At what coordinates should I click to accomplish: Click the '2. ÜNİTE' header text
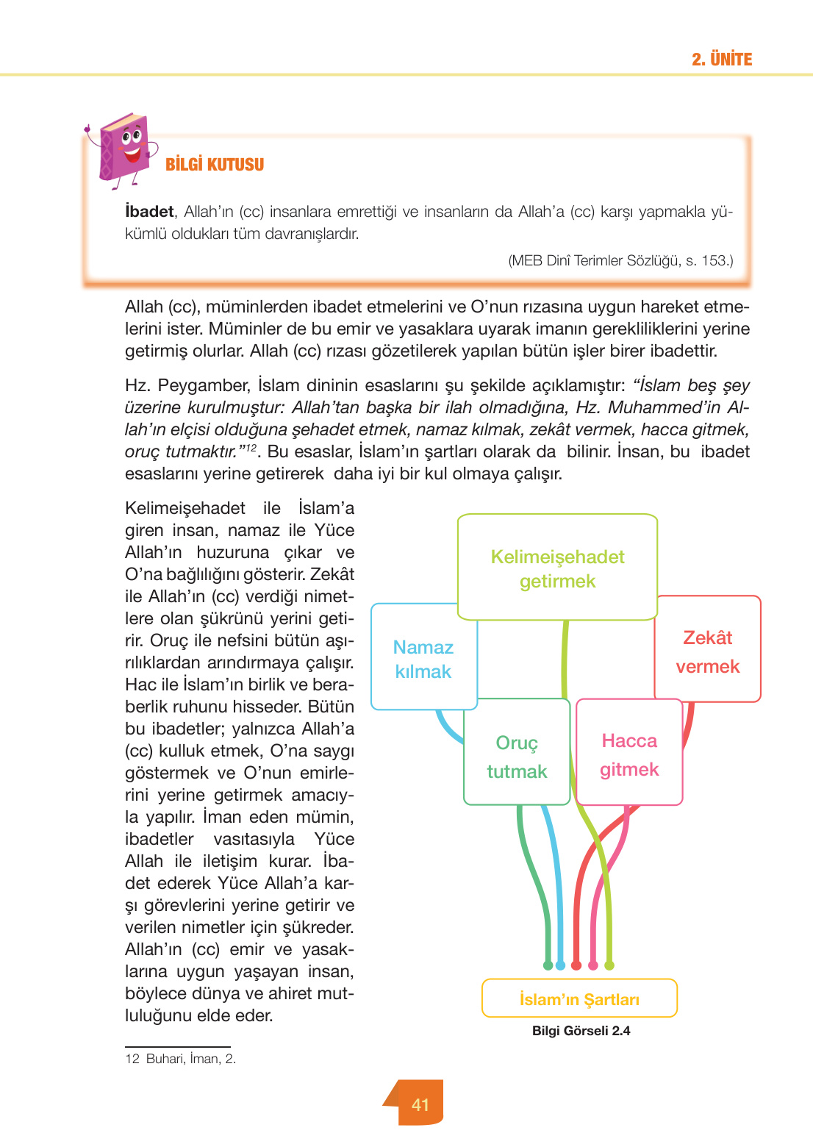pos(721,60)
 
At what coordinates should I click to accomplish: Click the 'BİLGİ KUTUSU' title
pos(214,165)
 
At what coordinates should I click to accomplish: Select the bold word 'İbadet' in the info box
pos(149,212)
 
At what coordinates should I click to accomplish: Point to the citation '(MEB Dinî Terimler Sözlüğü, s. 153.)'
pos(620,260)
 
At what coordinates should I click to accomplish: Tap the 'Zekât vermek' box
pos(707,651)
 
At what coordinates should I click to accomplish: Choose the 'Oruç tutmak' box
pos(517,757)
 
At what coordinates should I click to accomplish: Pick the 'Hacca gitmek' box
pos(629,754)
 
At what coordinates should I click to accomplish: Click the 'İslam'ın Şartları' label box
pos(579,999)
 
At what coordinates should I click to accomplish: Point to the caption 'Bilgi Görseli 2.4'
pos(581,1031)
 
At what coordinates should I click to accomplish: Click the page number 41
pos(420,1104)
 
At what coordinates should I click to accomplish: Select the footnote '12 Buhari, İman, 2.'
pos(181,1059)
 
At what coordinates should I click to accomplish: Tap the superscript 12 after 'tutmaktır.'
pos(251,448)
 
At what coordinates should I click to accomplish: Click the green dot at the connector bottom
pos(548,965)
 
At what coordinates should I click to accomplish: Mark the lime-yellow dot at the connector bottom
pos(609,965)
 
